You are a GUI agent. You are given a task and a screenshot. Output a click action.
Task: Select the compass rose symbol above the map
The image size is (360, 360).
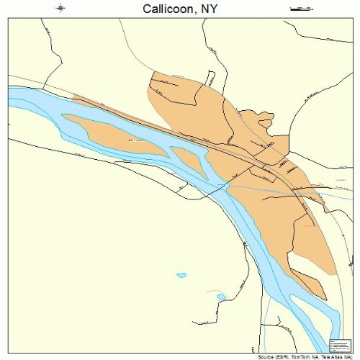(x=62, y=9)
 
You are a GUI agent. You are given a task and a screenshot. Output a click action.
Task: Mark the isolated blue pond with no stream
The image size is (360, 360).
(x=181, y=274)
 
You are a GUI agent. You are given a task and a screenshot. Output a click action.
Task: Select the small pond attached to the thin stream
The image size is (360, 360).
(x=221, y=297)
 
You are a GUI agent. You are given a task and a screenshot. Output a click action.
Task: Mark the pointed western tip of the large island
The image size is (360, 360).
(x=65, y=114)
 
